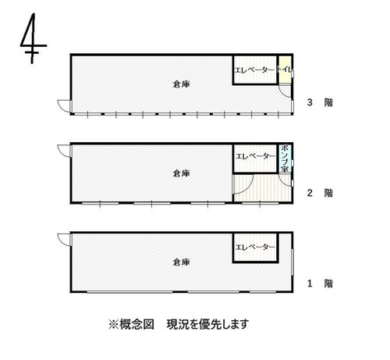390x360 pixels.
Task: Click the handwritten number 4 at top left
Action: point(32,45)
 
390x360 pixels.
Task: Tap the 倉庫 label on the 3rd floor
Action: point(181,84)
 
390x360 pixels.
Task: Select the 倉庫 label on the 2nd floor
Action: point(181,173)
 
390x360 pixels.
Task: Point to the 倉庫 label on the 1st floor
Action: point(181,262)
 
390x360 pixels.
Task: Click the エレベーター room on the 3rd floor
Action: point(255,70)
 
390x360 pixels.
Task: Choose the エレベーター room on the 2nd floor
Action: point(255,159)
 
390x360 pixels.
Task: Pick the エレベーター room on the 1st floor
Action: point(256,248)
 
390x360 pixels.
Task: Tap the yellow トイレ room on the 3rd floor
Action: point(285,70)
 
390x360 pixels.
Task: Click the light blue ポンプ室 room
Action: point(285,158)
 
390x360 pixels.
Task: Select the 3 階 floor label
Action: point(320,102)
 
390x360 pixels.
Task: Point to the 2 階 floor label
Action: point(320,193)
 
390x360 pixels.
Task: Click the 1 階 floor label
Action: point(320,283)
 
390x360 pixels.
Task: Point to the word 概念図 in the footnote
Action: point(136,324)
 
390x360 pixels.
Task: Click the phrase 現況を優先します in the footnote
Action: point(207,324)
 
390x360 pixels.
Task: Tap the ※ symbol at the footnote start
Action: point(113,325)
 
